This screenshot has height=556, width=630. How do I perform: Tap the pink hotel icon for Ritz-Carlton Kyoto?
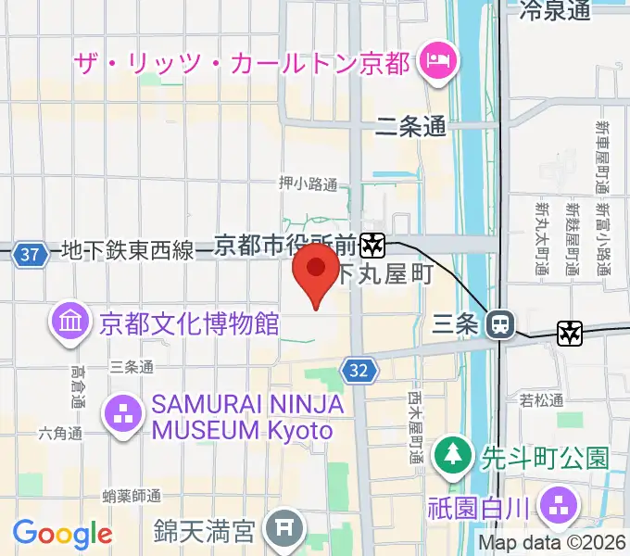[435, 63]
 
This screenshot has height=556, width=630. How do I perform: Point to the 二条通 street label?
[410, 127]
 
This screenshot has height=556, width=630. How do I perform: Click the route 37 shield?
[31, 253]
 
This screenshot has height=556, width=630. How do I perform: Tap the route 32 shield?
[359, 371]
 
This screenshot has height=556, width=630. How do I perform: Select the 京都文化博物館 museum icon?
[71, 323]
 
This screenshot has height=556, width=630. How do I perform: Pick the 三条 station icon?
[500, 323]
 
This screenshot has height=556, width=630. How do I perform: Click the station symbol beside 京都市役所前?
[373, 246]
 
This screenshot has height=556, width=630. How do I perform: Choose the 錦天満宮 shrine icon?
[282, 531]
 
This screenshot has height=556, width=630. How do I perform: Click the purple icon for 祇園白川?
[560, 505]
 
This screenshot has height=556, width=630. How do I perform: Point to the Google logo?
[62, 534]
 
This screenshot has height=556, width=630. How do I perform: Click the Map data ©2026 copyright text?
[553, 543]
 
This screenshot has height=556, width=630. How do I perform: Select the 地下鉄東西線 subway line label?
[128, 251]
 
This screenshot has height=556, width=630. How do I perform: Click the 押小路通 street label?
[308, 183]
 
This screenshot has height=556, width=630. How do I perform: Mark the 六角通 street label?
[60, 434]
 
